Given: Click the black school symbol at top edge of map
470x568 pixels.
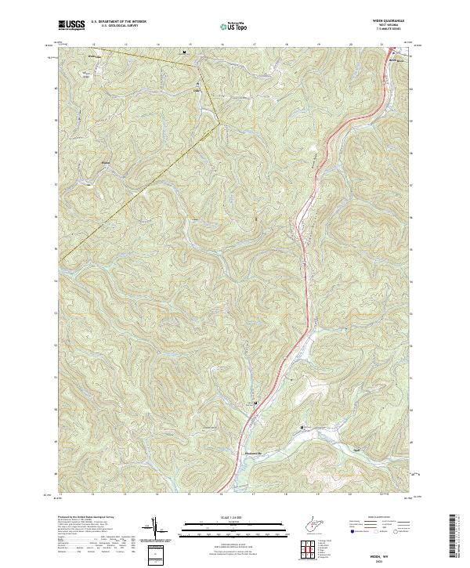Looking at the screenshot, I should click(x=184, y=52).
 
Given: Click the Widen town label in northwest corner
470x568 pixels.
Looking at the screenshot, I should click(x=96, y=57).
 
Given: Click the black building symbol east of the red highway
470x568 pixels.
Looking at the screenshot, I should click(x=302, y=427).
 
